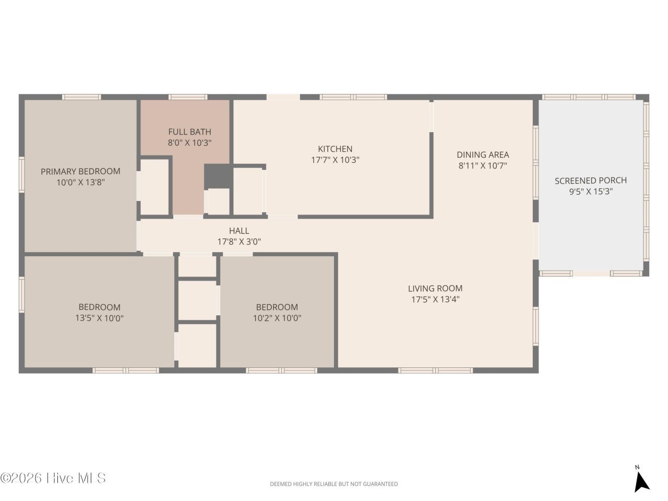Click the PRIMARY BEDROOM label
click(80, 171)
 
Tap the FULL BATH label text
click(189, 132)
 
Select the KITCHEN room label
click(335, 149)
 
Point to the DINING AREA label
click(483, 154)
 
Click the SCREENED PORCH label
click(591, 181)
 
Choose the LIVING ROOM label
click(435, 288)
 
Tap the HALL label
click(239, 231)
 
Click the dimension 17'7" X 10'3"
click(335, 160)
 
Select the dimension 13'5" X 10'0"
click(99, 318)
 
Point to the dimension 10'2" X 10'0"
click(277, 318)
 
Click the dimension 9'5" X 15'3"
click(591, 192)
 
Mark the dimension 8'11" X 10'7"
click(483, 165)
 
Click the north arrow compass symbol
click(641, 482)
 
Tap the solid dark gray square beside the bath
click(217, 176)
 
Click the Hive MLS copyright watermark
click(53, 478)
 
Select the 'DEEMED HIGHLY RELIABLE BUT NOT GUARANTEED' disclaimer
click(333, 484)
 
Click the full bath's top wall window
click(188, 97)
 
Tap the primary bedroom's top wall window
click(81, 97)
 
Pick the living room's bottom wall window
click(435, 371)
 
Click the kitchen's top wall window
click(353, 97)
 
